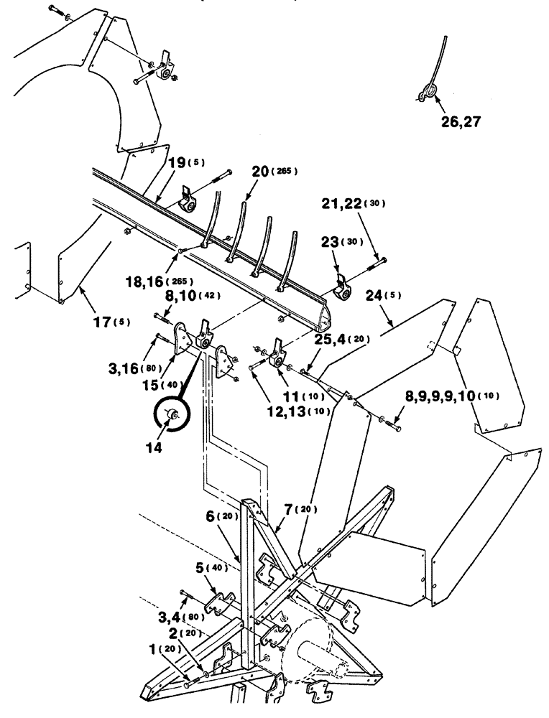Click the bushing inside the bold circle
pyautogui.click(x=172, y=414)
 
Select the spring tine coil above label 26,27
pyautogui.click(x=430, y=91)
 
